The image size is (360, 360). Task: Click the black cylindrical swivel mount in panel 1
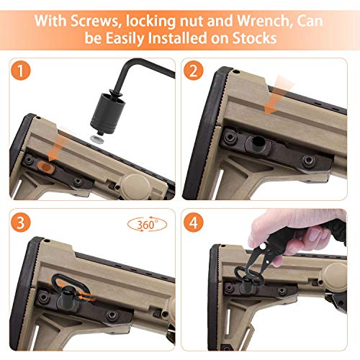click(108, 112)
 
